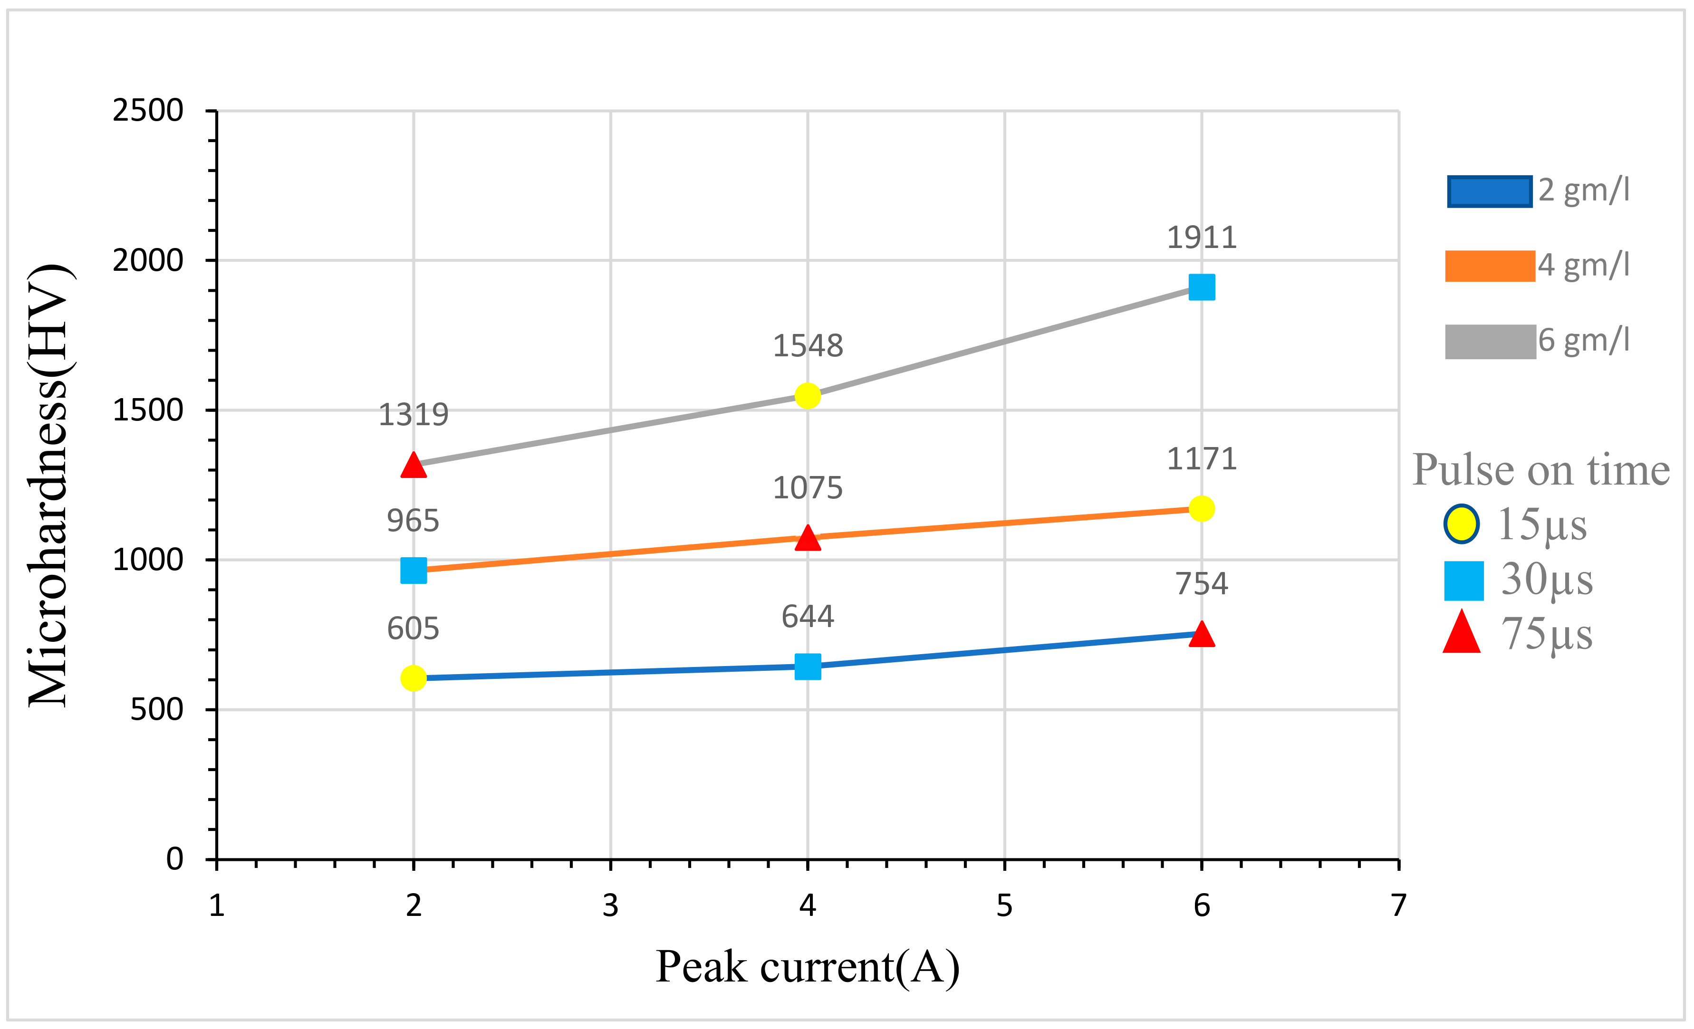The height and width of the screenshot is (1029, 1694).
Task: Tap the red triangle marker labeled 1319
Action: coord(413,466)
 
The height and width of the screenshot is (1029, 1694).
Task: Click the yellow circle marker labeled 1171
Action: coord(1201,509)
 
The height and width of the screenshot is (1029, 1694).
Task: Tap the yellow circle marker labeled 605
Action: coord(413,678)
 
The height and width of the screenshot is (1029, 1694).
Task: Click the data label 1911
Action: coord(1201,238)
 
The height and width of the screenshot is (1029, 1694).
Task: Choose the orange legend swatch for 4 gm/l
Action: coord(1489,266)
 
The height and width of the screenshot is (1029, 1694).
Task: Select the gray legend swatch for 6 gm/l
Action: coord(1489,342)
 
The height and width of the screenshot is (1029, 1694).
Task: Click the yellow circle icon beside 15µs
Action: coord(1461,524)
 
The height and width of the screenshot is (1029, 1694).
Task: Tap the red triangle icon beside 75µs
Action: coord(1461,633)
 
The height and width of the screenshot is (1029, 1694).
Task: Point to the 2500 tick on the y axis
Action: coord(148,111)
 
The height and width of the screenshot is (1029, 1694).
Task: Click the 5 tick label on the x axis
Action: coord(1004,906)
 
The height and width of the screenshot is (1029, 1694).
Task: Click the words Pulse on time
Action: coord(1540,470)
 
